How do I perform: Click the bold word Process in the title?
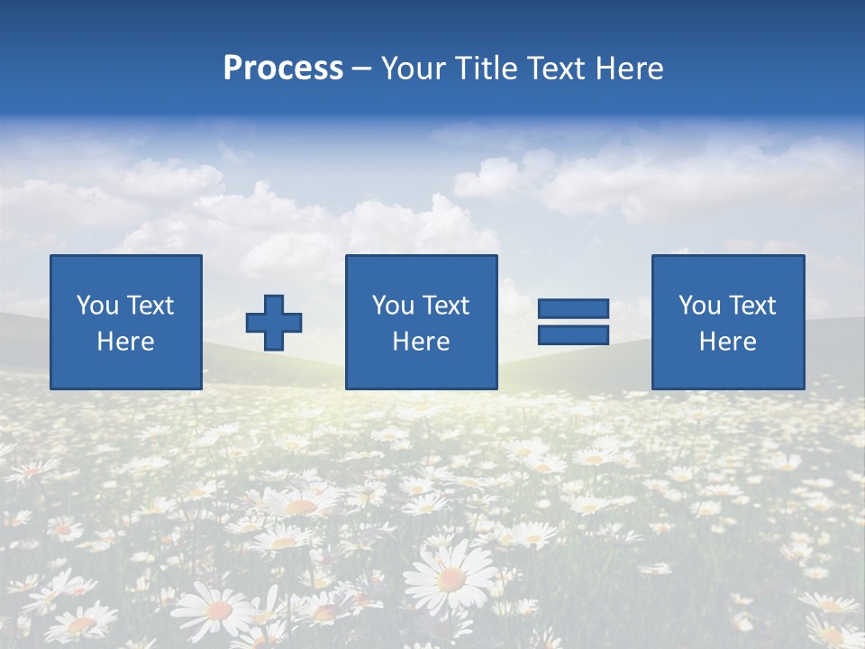pos(283,69)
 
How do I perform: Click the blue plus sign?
pos(274,323)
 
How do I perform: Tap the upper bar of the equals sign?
pos(573,308)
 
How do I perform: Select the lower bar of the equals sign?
pos(573,334)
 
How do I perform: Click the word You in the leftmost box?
pos(96,306)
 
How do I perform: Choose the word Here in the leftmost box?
pos(125,342)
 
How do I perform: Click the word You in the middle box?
pos(392,306)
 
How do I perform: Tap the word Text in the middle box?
pos(444,306)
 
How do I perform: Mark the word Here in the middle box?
pos(421,342)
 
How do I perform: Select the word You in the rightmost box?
pos(698,306)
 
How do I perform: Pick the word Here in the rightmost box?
pos(727,342)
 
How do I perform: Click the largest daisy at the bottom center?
pos(451,577)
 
